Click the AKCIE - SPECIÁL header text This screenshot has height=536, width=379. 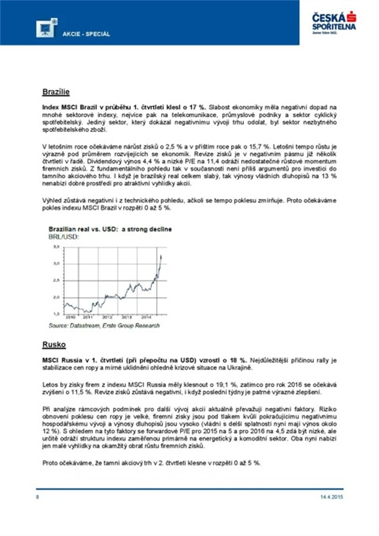tap(86, 34)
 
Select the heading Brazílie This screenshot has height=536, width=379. tap(56, 92)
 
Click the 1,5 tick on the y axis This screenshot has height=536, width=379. tap(55, 314)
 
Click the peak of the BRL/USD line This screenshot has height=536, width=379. tap(162, 255)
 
